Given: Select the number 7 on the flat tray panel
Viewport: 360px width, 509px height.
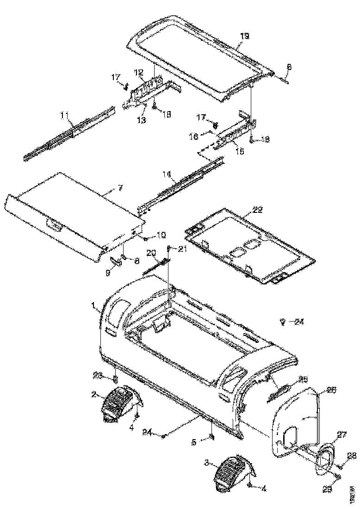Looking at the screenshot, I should (120, 189).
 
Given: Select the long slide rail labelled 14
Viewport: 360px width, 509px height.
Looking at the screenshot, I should (185, 183).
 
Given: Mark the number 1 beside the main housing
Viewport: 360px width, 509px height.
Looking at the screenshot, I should (94, 306).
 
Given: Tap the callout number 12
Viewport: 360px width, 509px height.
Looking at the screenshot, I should (139, 72).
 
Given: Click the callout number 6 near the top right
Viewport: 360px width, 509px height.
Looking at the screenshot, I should (289, 67).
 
